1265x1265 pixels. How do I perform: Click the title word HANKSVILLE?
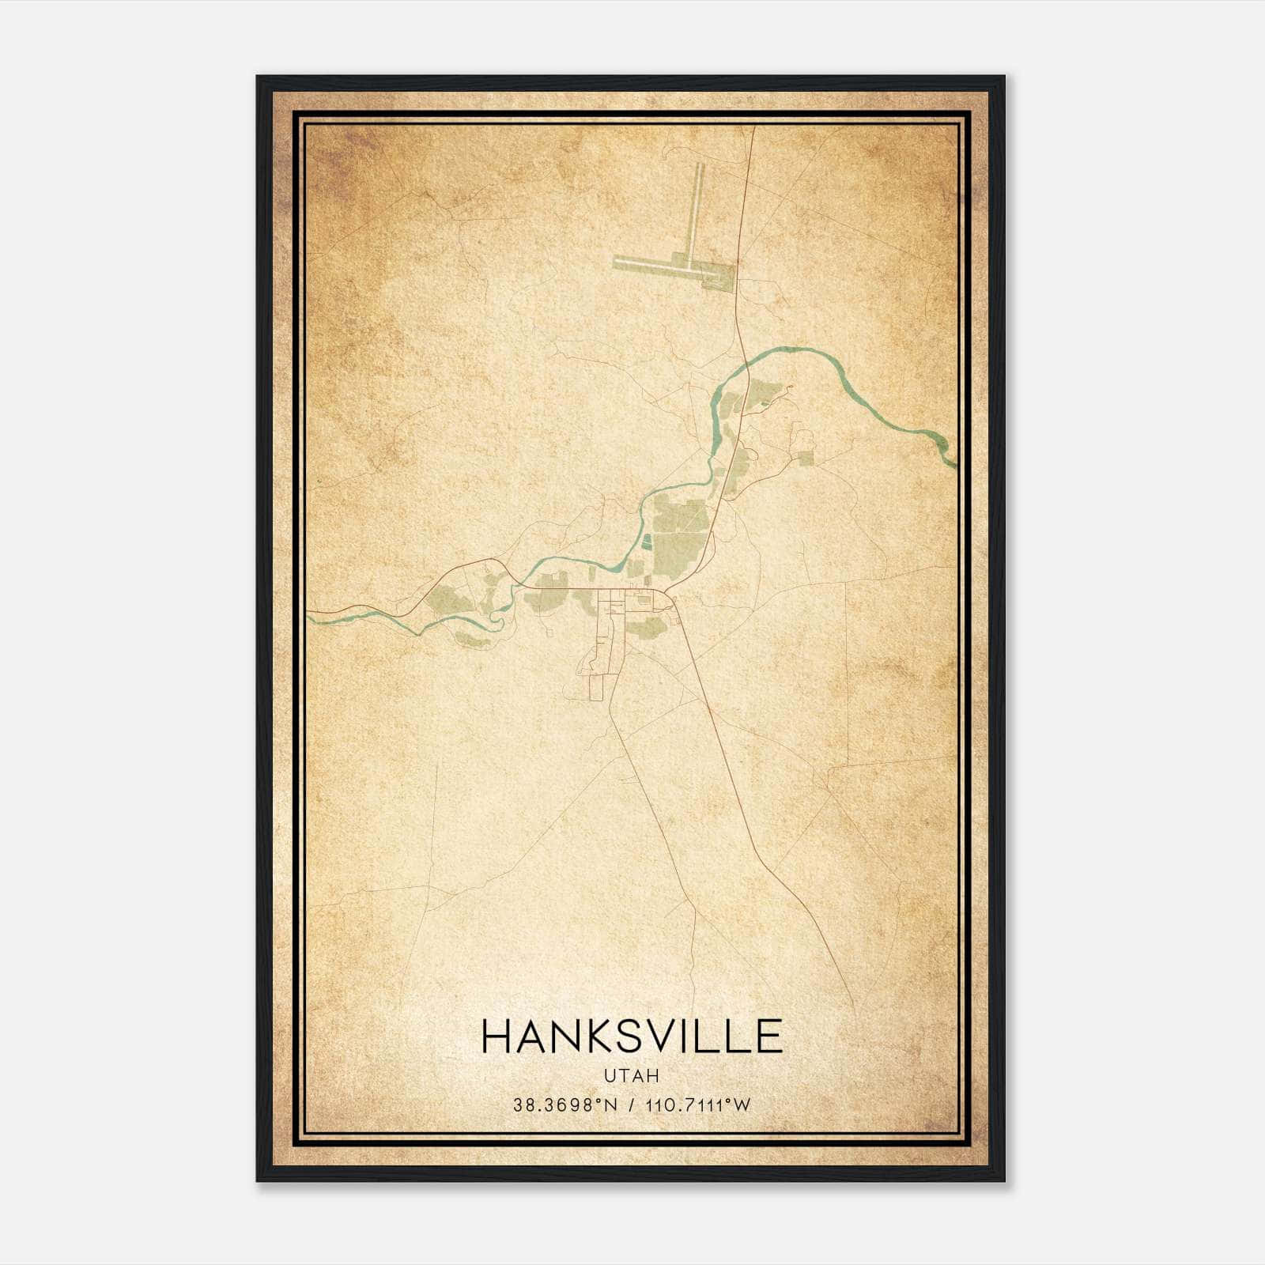632,1037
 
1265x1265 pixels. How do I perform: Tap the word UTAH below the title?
632,1076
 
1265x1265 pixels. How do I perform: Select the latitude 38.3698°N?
563,1105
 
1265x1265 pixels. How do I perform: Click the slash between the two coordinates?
629,1105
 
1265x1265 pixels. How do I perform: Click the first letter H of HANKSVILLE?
496,1037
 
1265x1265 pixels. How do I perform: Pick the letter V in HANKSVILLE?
661,1037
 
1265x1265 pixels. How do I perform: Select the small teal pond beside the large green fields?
647,542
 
